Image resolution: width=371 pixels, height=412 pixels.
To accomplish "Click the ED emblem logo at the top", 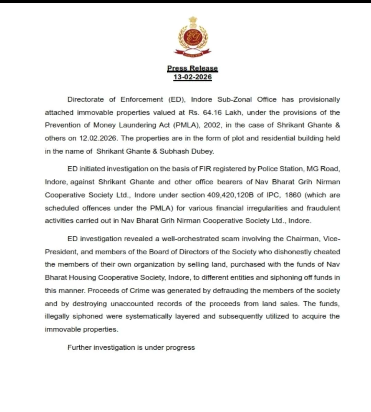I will (x=192, y=37).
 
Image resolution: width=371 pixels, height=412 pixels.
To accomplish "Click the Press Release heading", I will (x=192, y=68).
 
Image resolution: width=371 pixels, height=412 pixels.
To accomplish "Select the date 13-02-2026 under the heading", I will (x=192, y=77).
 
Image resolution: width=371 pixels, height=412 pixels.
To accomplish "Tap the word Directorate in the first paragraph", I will (x=86, y=99).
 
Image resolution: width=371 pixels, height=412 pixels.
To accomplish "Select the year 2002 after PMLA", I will (x=212, y=125).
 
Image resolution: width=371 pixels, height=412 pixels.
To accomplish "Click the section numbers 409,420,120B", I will (x=230, y=195).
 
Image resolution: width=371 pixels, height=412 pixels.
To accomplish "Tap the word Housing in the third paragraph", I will (x=82, y=278).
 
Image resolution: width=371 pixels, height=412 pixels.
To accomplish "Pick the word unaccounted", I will (x=132, y=304).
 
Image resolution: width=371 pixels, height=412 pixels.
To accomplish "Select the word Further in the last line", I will (x=79, y=348).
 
